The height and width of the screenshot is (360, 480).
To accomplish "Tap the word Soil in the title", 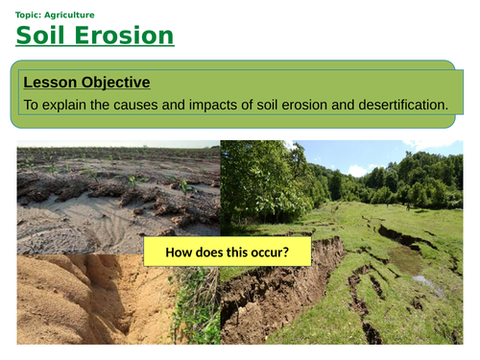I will point(45,36).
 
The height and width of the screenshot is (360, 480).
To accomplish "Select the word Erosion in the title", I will point(127,36).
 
